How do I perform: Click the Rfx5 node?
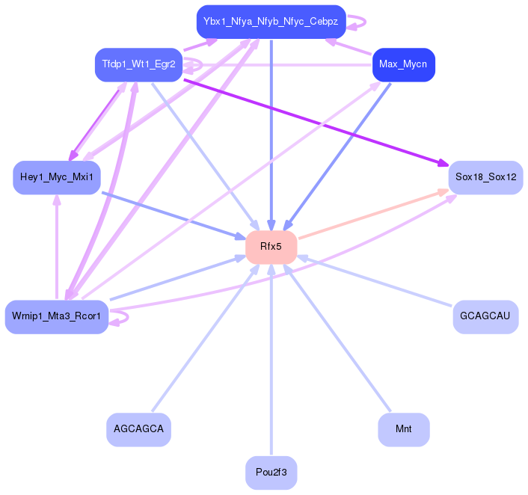(x=271, y=247)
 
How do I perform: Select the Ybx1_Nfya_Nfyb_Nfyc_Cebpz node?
(x=271, y=22)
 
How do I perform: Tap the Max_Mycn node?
(x=403, y=64)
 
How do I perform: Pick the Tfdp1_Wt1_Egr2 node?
(x=139, y=64)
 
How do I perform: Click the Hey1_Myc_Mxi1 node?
(x=57, y=177)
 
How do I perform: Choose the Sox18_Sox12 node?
(x=485, y=177)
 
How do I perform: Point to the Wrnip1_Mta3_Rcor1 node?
(x=57, y=316)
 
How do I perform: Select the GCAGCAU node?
(x=485, y=316)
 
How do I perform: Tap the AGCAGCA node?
(x=139, y=429)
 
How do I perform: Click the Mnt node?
(x=403, y=429)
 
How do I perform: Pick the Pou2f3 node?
(x=271, y=472)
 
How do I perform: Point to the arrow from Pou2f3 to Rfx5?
(x=271, y=359)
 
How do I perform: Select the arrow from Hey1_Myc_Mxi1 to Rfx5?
(x=179, y=215)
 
